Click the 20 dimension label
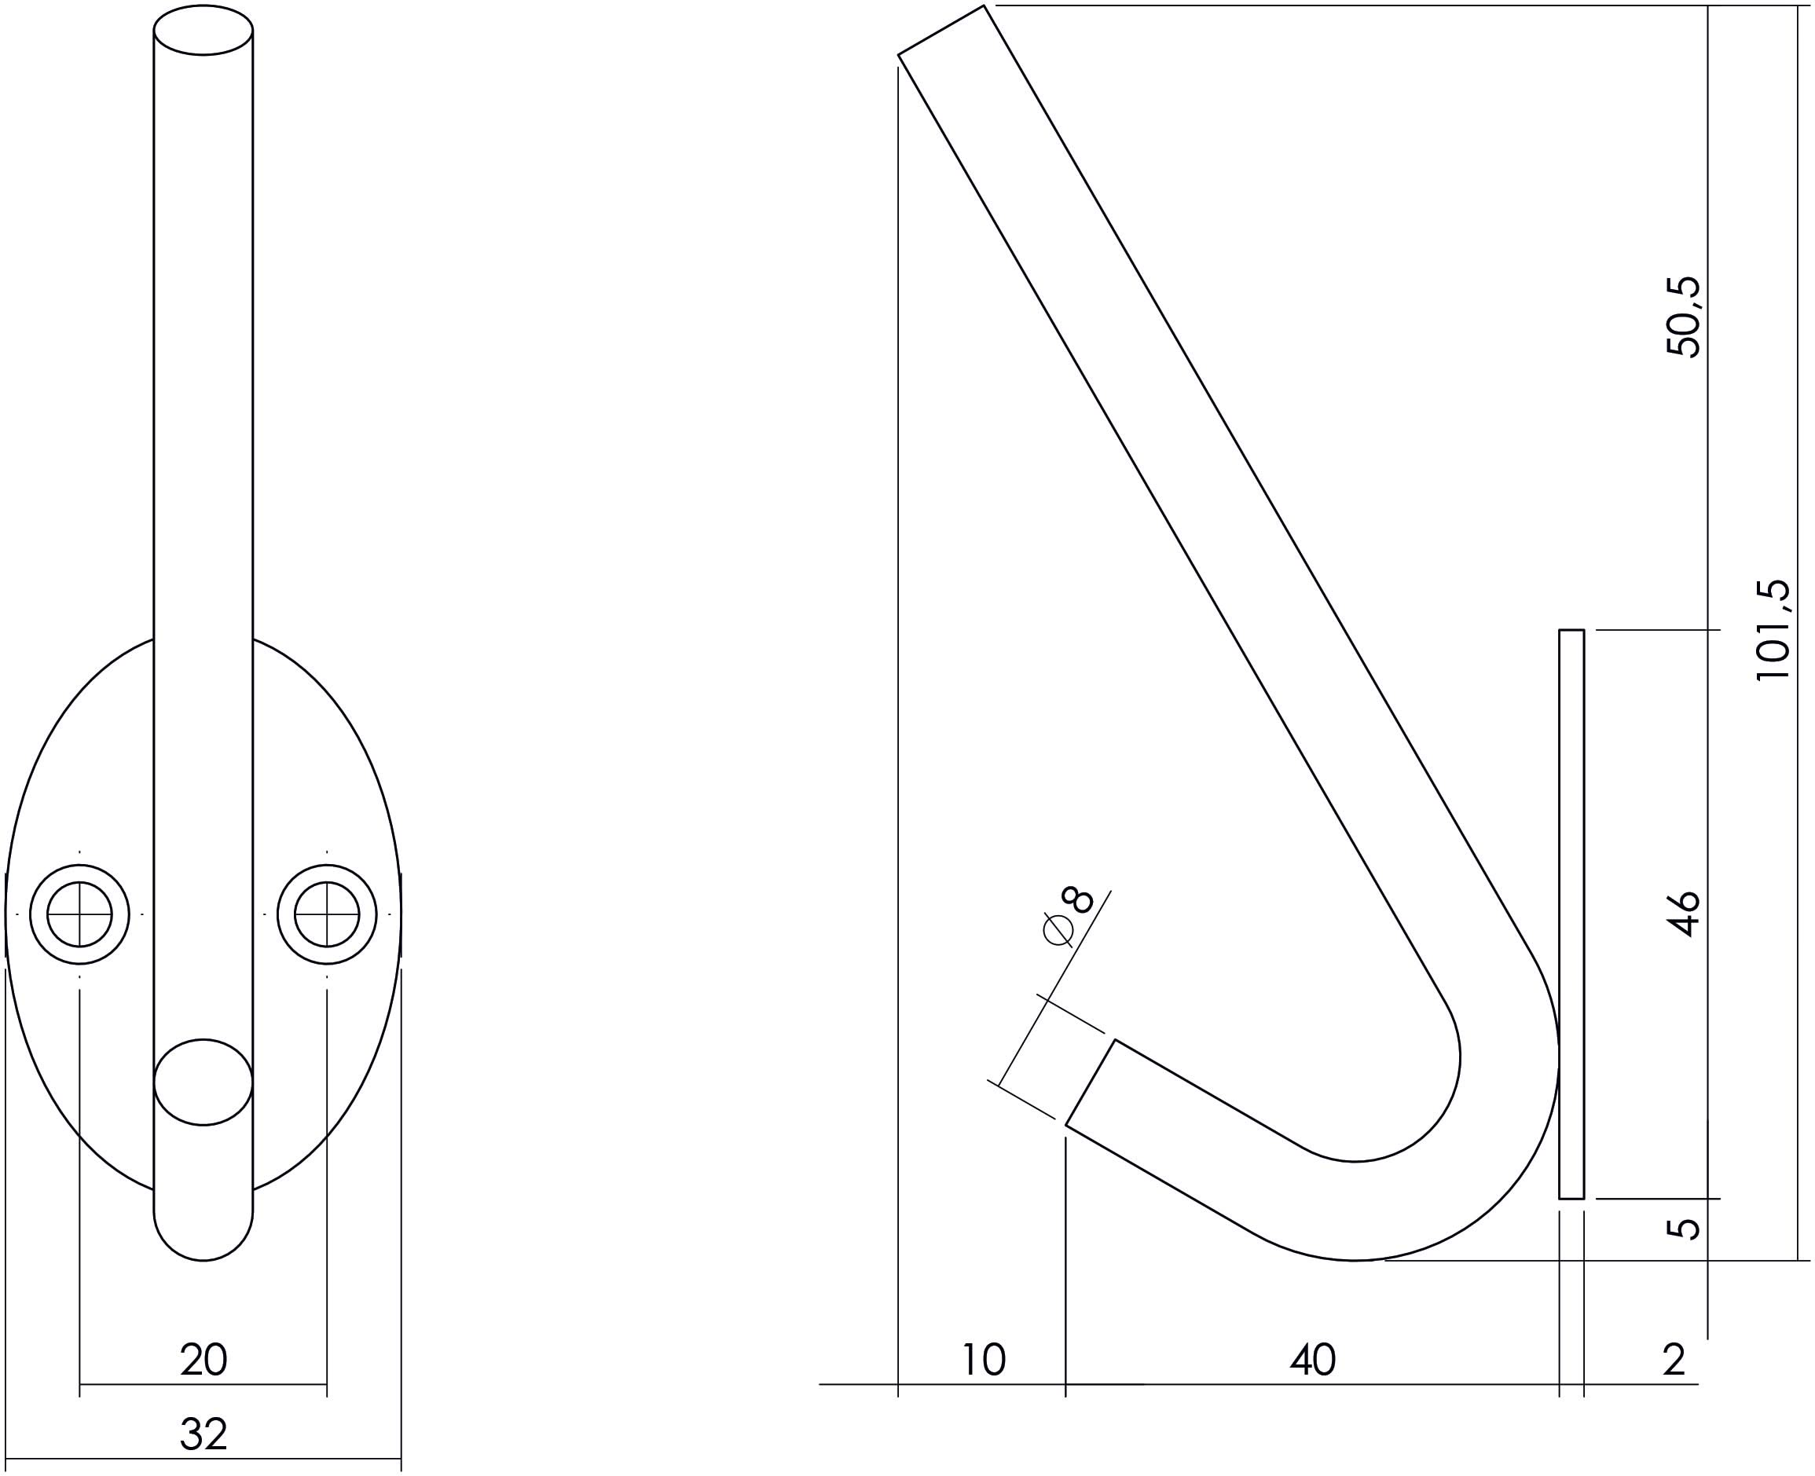click(203, 1361)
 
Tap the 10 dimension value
click(983, 1361)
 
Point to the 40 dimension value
click(1312, 1361)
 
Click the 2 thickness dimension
click(1674, 1361)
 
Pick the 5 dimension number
click(1683, 1229)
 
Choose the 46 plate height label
click(1683, 913)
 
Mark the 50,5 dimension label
click(1683, 317)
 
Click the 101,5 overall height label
click(1773, 629)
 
